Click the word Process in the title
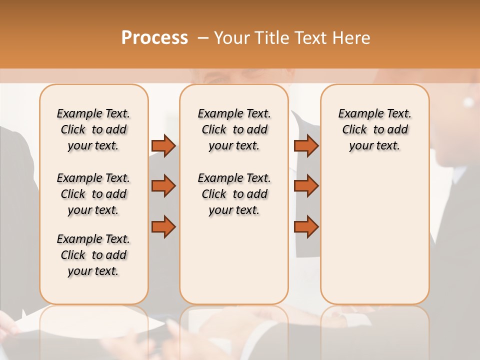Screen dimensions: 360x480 [154, 38]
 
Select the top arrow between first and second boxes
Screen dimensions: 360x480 [163, 146]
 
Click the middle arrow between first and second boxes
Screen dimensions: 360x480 [163, 186]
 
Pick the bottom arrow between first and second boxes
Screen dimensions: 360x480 [163, 227]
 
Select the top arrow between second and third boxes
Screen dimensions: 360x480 [306, 146]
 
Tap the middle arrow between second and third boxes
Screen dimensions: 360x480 [306, 186]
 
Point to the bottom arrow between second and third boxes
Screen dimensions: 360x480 [306, 227]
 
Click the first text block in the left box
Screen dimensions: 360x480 [93, 129]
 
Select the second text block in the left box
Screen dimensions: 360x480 [93, 194]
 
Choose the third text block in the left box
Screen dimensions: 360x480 [93, 255]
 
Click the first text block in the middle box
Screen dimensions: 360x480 [234, 129]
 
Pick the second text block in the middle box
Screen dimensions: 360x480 [234, 194]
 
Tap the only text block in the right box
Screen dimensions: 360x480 [375, 129]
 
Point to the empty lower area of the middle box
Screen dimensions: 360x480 [234, 260]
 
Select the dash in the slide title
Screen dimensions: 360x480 [203, 38]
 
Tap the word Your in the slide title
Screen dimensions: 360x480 [231, 38]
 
